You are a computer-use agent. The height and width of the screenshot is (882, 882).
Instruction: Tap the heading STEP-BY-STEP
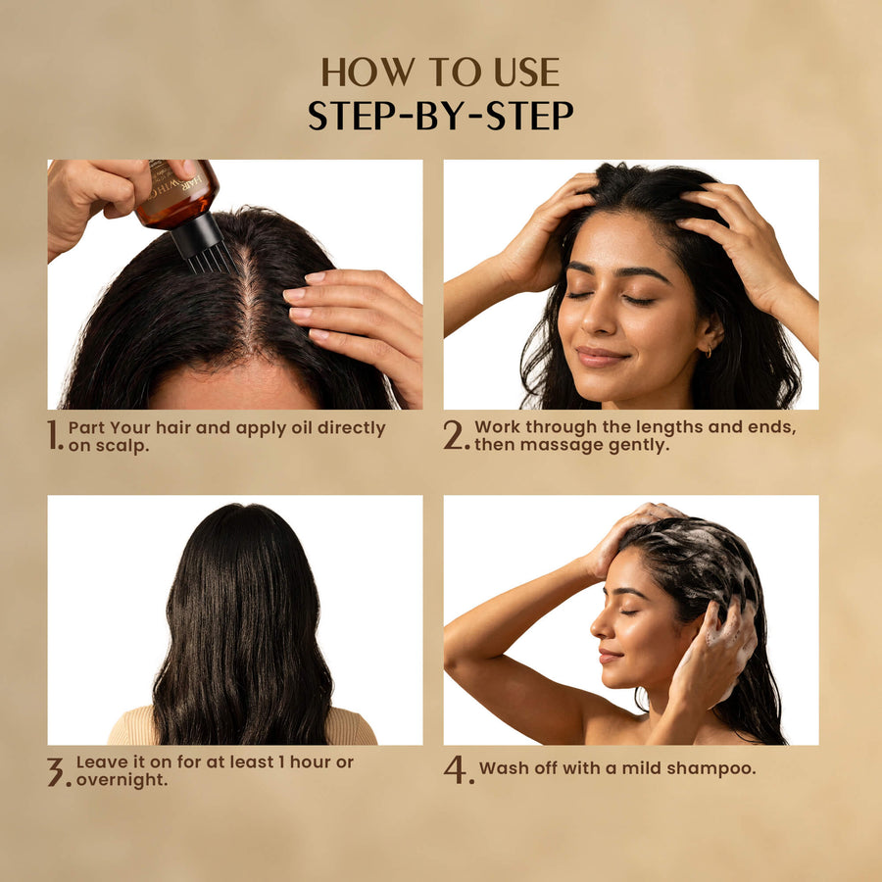click(440, 116)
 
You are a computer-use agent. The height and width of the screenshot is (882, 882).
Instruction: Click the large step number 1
click(54, 435)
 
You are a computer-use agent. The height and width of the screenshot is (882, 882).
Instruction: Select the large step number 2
click(454, 435)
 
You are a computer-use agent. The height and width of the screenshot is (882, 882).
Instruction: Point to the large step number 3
click(56, 771)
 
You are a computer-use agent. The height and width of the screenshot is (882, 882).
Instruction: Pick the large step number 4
click(456, 769)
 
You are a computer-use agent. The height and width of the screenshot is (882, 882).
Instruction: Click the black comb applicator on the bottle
click(201, 243)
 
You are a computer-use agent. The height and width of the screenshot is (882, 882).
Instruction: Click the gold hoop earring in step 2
click(709, 352)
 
